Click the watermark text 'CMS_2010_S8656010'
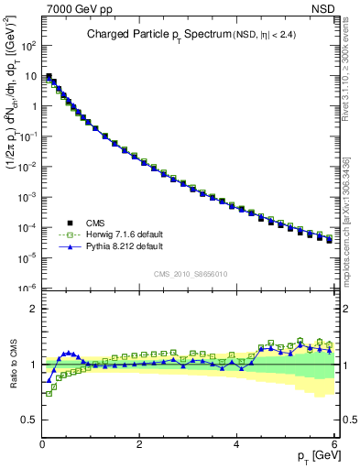[191, 274]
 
